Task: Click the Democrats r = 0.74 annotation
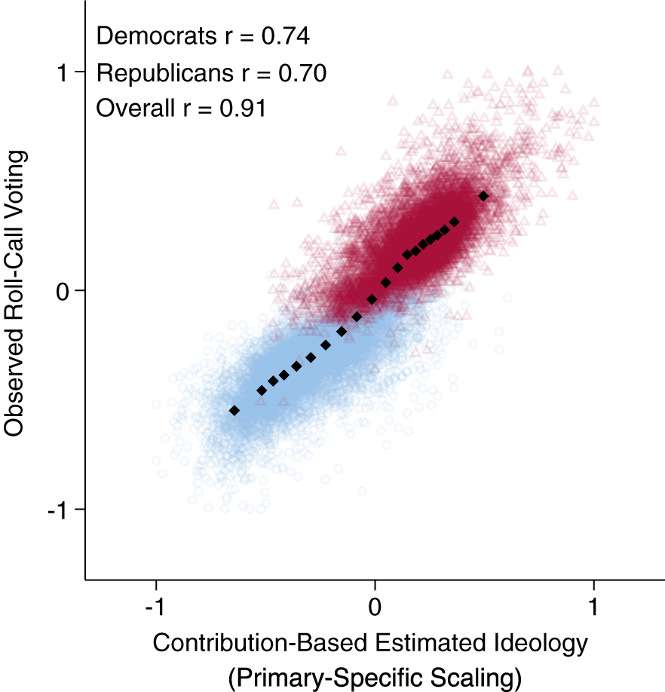(x=204, y=35)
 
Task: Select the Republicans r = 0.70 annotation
(x=211, y=73)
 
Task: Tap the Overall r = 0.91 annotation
(x=181, y=109)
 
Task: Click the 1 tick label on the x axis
(x=593, y=608)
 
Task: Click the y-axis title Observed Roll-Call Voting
(x=17, y=292)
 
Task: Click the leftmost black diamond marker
(x=234, y=410)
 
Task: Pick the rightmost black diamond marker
(x=483, y=196)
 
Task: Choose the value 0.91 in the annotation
(x=242, y=109)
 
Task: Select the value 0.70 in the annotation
(x=302, y=73)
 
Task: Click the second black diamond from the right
(x=454, y=222)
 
